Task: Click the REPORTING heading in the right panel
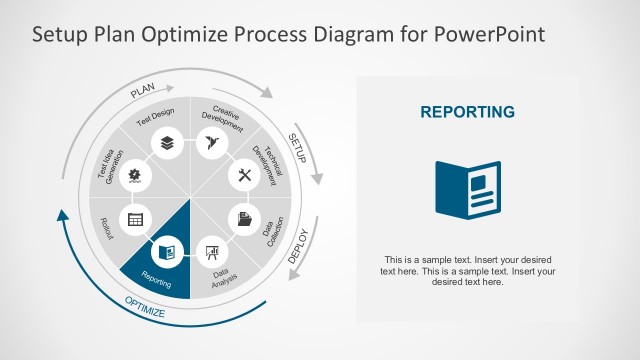tap(467, 112)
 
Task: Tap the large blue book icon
tap(467, 187)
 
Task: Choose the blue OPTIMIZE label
tap(146, 308)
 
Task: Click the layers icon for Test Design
tap(165, 144)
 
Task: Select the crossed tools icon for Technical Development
tap(244, 175)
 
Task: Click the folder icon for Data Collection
tap(244, 218)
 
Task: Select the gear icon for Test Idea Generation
tap(134, 175)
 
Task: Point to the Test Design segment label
tap(155, 118)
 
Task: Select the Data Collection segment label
tap(272, 230)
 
